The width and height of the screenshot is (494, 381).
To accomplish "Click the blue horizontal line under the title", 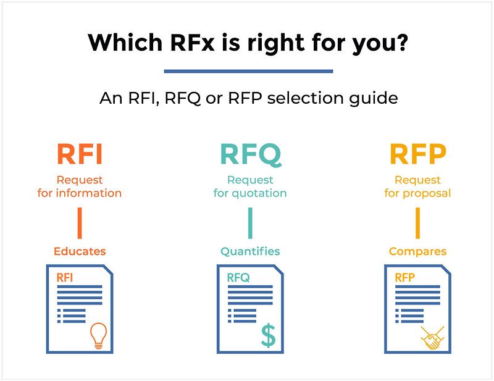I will (x=248, y=71).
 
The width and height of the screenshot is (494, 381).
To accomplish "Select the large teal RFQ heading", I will (x=250, y=154).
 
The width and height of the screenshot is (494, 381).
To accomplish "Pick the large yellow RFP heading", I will (x=417, y=154).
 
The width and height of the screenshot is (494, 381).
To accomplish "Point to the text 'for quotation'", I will (x=250, y=193).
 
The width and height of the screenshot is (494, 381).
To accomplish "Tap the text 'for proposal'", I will (x=417, y=193).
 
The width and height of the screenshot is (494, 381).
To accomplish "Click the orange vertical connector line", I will (x=80, y=223).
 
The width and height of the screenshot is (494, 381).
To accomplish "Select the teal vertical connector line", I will (x=250, y=223).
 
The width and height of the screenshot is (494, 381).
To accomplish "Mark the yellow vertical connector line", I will (x=417, y=223).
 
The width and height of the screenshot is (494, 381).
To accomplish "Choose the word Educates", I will (x=80, y=251).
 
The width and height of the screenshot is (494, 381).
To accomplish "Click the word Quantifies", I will (x=250, y=251).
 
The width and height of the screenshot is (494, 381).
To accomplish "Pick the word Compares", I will (x=417, y=251).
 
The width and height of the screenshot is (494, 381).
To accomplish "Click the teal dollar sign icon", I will (x=268, y=335).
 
